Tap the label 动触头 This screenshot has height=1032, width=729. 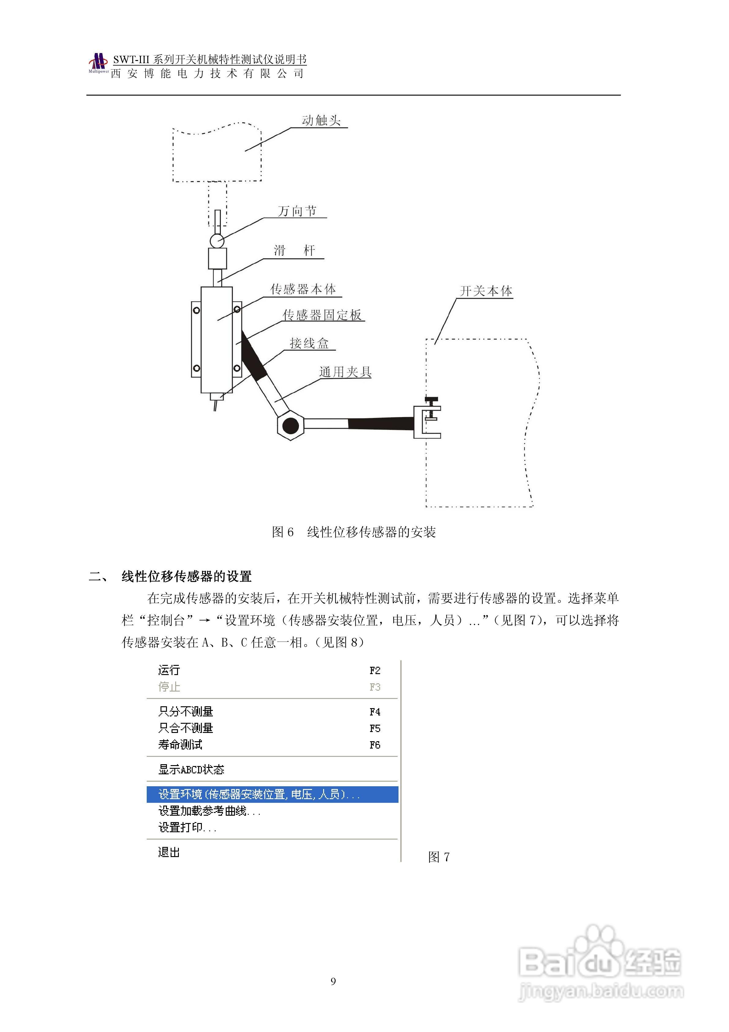point(321,120)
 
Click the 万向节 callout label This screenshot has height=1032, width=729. point(297,211)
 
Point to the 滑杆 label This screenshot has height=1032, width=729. point(294,250)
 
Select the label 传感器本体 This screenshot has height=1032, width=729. point(303,290)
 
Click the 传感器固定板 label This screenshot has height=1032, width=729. point(322,315)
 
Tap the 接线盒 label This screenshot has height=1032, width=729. point(309,344)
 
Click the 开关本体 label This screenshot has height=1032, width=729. point(486,291)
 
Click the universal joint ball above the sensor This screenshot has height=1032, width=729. point(217,241)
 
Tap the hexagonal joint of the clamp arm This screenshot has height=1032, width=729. point(290,425)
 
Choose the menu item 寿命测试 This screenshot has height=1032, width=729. point(180,745)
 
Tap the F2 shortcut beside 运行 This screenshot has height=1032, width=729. point(375,671)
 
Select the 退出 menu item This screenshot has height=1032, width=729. point(169,852)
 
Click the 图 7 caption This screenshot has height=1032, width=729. point(439,857)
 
